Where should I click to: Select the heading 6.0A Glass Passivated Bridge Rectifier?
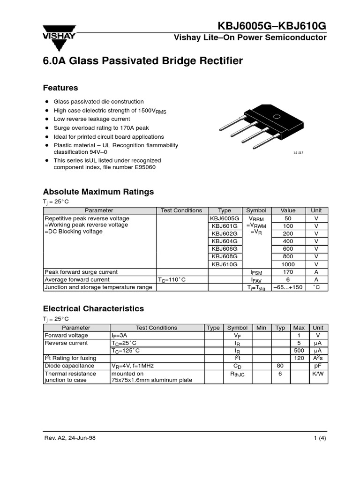[x=143, y=61]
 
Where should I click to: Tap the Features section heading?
[x=60, y=88]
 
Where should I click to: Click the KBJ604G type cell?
[x=225, y=241]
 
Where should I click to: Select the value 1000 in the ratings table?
[x=288, y=264]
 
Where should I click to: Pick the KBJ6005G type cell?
[x=225, y=218]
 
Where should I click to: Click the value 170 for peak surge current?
[x=288, y=272]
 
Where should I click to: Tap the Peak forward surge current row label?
[x=81, y=272]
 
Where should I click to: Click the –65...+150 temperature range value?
[x=288, y=287]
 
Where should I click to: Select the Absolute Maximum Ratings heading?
[x=98, y=192]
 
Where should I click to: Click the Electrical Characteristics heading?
[x=93, y=309]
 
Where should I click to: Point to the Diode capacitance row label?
[x=69, y=366]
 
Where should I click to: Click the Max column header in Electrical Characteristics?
[x=299, y=328]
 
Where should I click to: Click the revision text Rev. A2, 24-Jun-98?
[x=70, y=438]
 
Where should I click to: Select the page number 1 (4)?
[x=320, y=438]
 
